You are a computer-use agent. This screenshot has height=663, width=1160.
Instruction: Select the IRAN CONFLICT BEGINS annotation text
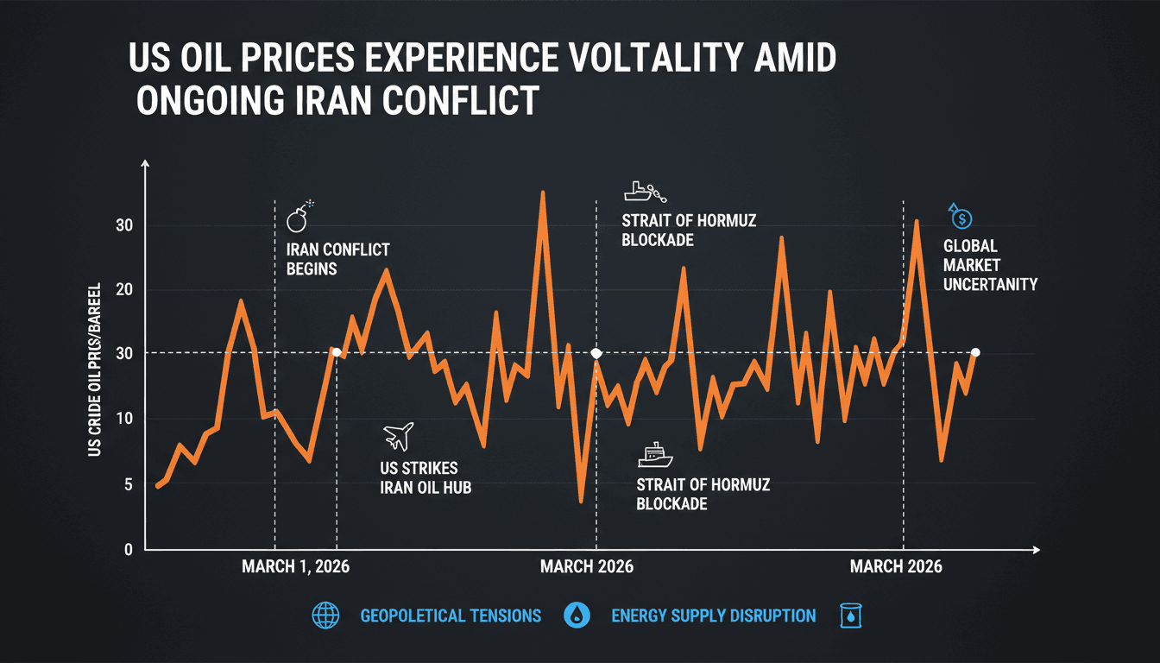coord(337,259)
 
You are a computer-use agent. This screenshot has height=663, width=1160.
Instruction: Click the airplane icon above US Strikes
coord(397,436)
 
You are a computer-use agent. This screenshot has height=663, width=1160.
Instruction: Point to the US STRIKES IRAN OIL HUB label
coord(425,478)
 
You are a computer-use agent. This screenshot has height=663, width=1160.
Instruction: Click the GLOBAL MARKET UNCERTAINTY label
coord(989,265)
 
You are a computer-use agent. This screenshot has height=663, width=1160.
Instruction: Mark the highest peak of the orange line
coord(543,193)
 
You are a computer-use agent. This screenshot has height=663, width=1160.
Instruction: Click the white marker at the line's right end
coord(975,352)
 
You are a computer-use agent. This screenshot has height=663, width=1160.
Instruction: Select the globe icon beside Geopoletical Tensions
coord(325,616)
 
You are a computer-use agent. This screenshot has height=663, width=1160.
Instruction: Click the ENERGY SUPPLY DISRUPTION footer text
coord(713,616)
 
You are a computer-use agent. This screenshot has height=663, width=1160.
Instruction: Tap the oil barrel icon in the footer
coord(851,616)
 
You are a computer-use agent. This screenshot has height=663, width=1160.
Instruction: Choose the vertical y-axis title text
coord(94,369)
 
